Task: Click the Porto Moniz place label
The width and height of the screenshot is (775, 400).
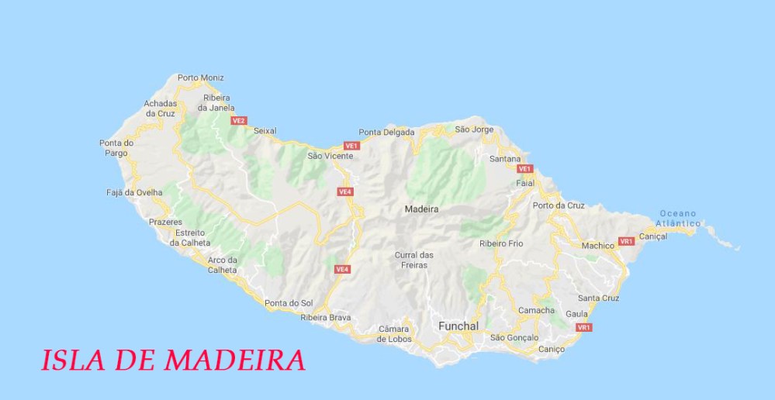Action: coord(200,78)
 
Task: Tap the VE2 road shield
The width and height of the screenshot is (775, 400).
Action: coord(239,121)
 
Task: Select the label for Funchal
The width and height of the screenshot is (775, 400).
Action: coord(458,326)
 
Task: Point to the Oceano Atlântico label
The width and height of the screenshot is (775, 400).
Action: coord(679,218)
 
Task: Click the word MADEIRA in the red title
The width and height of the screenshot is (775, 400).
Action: coord(234,360)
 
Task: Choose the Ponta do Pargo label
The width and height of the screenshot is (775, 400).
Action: coord(116,147)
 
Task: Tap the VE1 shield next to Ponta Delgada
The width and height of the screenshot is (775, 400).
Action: coord(351,146)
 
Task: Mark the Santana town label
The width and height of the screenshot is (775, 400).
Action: coord(505,159)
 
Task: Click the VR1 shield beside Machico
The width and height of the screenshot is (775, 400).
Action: coord(627,242)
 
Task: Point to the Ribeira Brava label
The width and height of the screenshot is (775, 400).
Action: coord(326,317)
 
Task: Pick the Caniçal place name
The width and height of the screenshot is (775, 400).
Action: coord(652,236)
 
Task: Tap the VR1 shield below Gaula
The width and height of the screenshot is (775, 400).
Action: coord(584,328)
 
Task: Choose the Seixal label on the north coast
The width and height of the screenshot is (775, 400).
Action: coord(265,131)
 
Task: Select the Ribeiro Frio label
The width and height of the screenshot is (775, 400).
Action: coord(501,243)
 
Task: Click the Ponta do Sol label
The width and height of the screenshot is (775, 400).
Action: coord(288,302)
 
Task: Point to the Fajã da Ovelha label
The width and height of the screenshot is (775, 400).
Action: coord(134,192)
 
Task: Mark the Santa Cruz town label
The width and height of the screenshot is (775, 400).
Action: coord(598,298)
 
